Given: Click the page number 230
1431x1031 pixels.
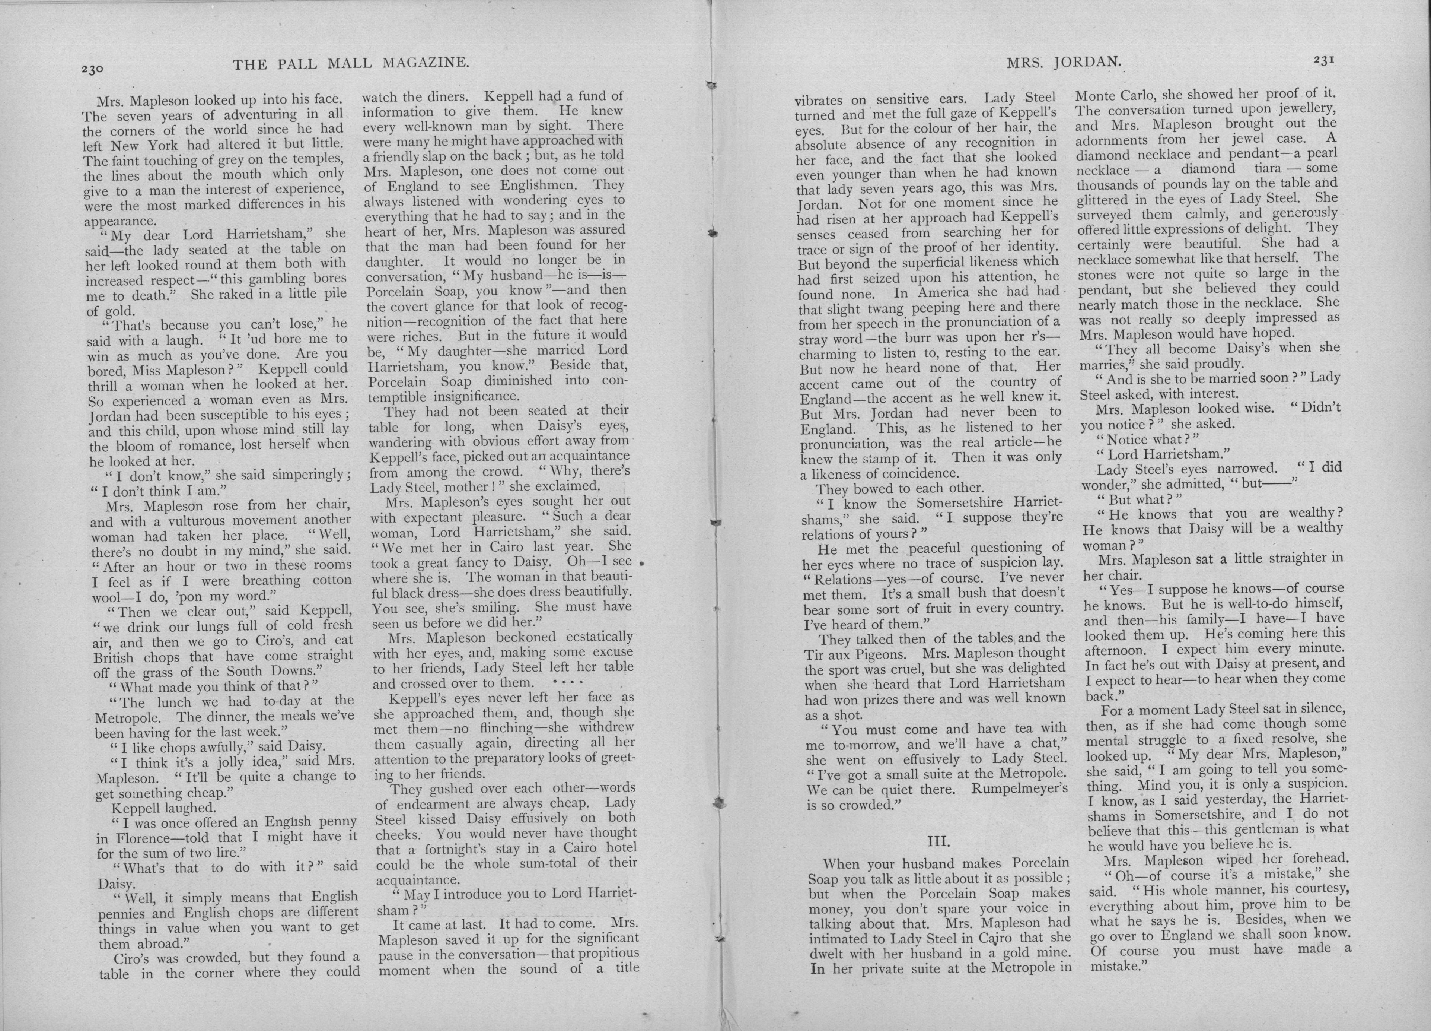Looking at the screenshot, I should click(92, 69).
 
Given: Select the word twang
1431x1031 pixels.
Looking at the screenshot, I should click(916, 309).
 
